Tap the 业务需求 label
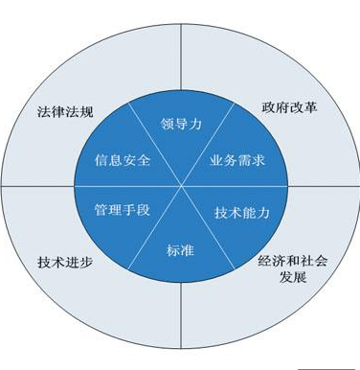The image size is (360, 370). pyautogui.click(x=236, y=160)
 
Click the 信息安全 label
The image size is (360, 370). pyautogui.click(x=124, y=160)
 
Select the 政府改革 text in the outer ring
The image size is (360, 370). pyautogui.click(x=288, y=107)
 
